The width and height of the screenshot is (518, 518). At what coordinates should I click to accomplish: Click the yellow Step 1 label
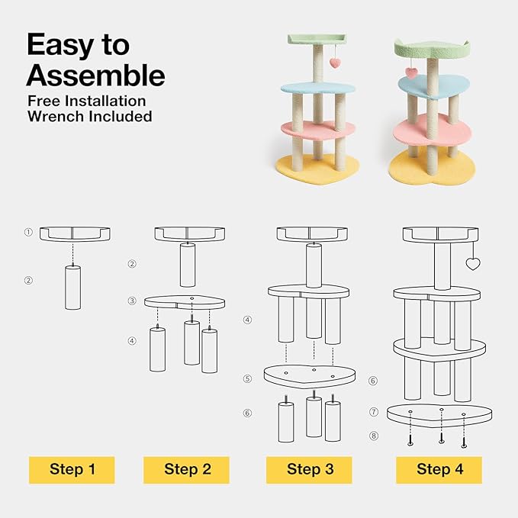tap(72, 470)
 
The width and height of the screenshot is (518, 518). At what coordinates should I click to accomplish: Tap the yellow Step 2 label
tap(186, 470)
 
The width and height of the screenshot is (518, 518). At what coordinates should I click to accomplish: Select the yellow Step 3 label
tap(309, 470)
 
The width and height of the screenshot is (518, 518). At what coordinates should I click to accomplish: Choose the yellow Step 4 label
tap(439, 470)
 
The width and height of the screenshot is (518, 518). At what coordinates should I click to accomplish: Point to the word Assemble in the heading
tap(95, 76)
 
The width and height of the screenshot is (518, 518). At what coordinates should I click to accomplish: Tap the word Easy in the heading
tap(60, 46)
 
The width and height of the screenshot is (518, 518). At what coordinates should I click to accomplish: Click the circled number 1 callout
tap(28, 232)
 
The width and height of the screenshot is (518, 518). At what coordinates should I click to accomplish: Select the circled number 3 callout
tap(132, 301)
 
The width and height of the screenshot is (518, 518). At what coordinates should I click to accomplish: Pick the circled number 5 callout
tap(247, 378)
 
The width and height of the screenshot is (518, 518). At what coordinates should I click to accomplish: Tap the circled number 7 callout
tap(374, 412)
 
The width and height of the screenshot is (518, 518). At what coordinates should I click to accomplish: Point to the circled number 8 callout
tap(374, 436)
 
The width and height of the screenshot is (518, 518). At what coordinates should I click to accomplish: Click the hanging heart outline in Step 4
tap(473, 264)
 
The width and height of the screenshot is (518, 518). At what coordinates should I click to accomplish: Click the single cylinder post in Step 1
tap(72, 288)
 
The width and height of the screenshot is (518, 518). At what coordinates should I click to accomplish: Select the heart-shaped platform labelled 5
tap(310, 376)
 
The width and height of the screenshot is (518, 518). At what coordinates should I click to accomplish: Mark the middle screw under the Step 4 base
tap(442, 439)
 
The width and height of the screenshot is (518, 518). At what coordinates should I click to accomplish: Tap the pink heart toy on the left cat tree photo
tap(335, 63)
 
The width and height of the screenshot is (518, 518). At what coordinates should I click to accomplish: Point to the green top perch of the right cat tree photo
tap(432, 50)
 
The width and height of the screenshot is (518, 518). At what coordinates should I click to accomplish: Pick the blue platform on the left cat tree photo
tap(318, 88)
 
